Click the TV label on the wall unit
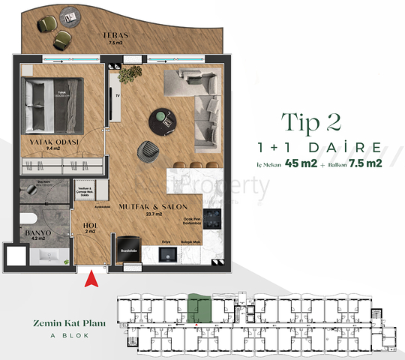point(117,95)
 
